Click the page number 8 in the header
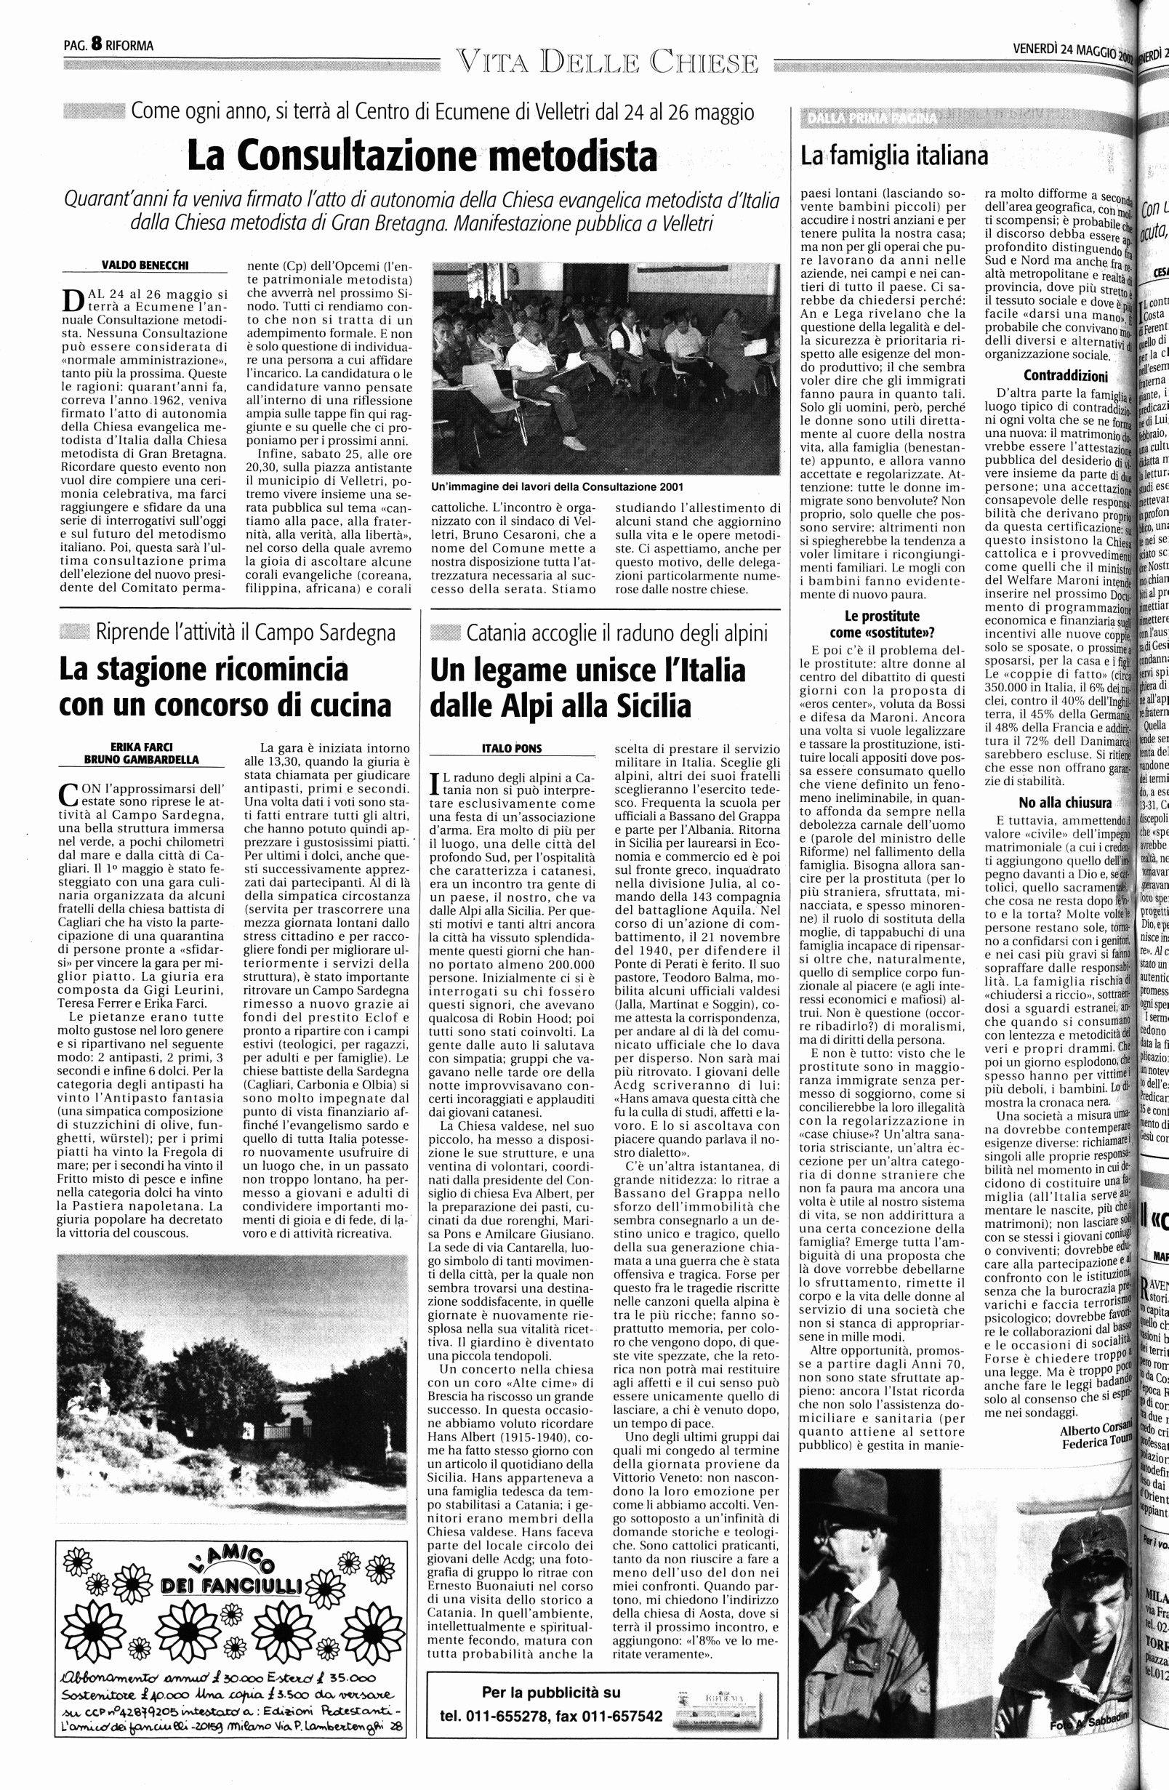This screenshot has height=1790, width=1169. [x=96, y=44]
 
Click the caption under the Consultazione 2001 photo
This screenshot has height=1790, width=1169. [x=558, y=487]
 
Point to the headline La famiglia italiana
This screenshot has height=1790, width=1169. [x=893, y=156]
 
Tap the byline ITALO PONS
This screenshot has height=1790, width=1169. [x=512, y=748]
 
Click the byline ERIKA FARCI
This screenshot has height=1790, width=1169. [x=142, y=747]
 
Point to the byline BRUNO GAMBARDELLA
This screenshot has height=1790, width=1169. [x=142, y=760]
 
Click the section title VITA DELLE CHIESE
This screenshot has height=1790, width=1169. [x=606, y=63]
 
